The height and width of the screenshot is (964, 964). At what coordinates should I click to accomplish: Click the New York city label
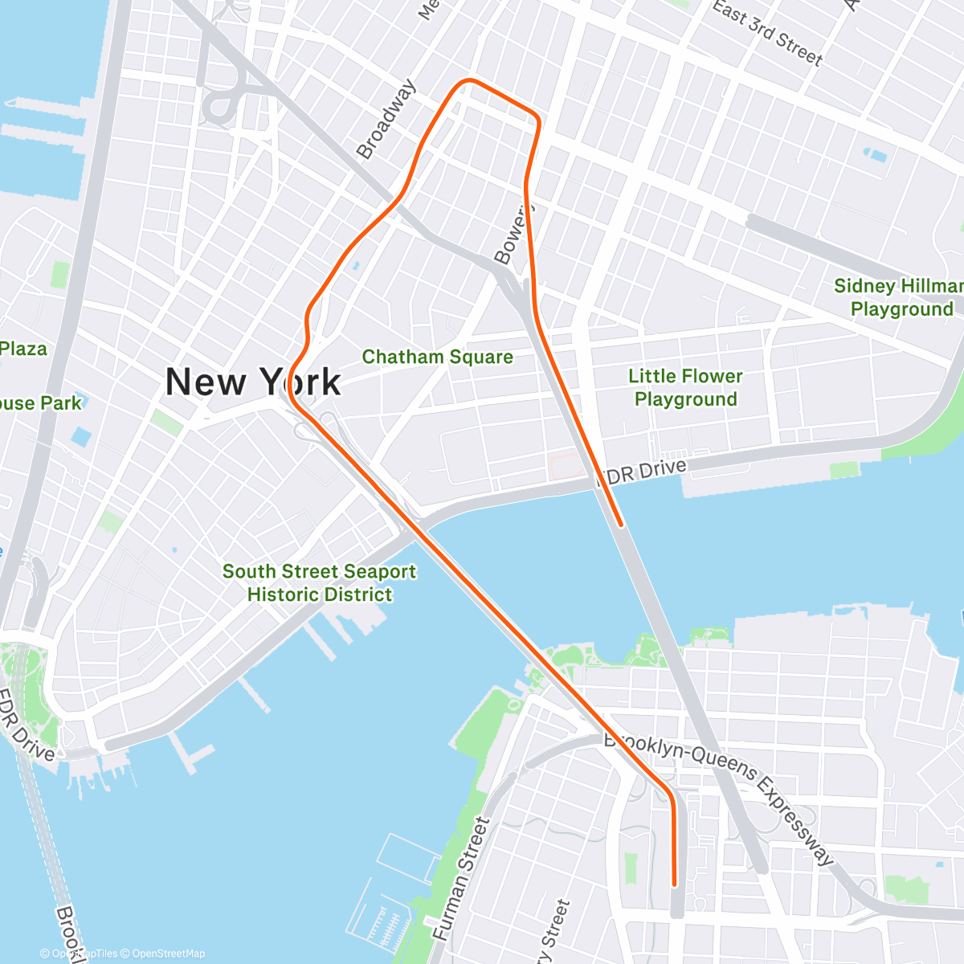(x=253, y=382)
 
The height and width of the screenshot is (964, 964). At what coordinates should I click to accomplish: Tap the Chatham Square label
(x=437, y=357)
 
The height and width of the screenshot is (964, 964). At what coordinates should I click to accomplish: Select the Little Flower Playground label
(x=685, y=387)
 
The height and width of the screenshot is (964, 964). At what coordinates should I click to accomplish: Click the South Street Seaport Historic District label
(x=319, y=582)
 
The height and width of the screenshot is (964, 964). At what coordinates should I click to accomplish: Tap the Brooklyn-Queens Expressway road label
(x=719, y=795)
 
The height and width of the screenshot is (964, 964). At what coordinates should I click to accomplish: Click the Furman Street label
(x=461, y=879)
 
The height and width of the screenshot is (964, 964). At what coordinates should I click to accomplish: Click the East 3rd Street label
(x=767, y=32)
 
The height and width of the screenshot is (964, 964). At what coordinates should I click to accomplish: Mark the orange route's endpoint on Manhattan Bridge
(x=621, y=525)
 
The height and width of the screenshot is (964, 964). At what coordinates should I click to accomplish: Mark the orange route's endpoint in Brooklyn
(x=675, y=884)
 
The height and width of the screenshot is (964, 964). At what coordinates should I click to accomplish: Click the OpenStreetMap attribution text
(x=168, y=954)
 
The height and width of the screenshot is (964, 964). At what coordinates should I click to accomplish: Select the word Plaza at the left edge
(x=23, y=349)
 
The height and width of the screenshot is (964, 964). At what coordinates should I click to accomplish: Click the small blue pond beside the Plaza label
(x=81, y=437)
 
